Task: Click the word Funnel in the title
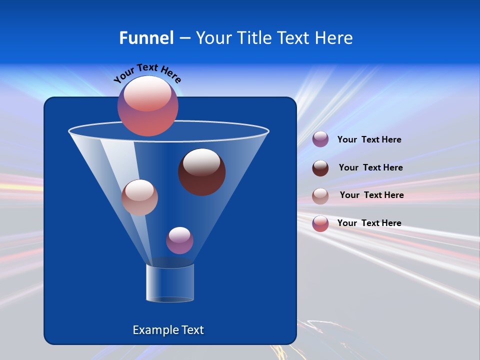pos(146,38)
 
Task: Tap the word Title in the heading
pos(253,38)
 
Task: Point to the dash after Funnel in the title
pos(184,38)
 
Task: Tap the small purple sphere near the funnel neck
pos(179,241)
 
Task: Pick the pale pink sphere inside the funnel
pos(139,198)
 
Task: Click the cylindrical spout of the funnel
pos(170,283)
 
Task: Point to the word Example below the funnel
pos(155,330)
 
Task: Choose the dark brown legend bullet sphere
pos(320,168)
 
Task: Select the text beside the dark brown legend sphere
pos(370,167)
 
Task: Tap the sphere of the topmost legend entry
pos(320,139)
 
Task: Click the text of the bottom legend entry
pos(369,223)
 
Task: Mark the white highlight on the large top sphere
pos(147,93)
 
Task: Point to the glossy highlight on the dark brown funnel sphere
pos(201,162)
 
